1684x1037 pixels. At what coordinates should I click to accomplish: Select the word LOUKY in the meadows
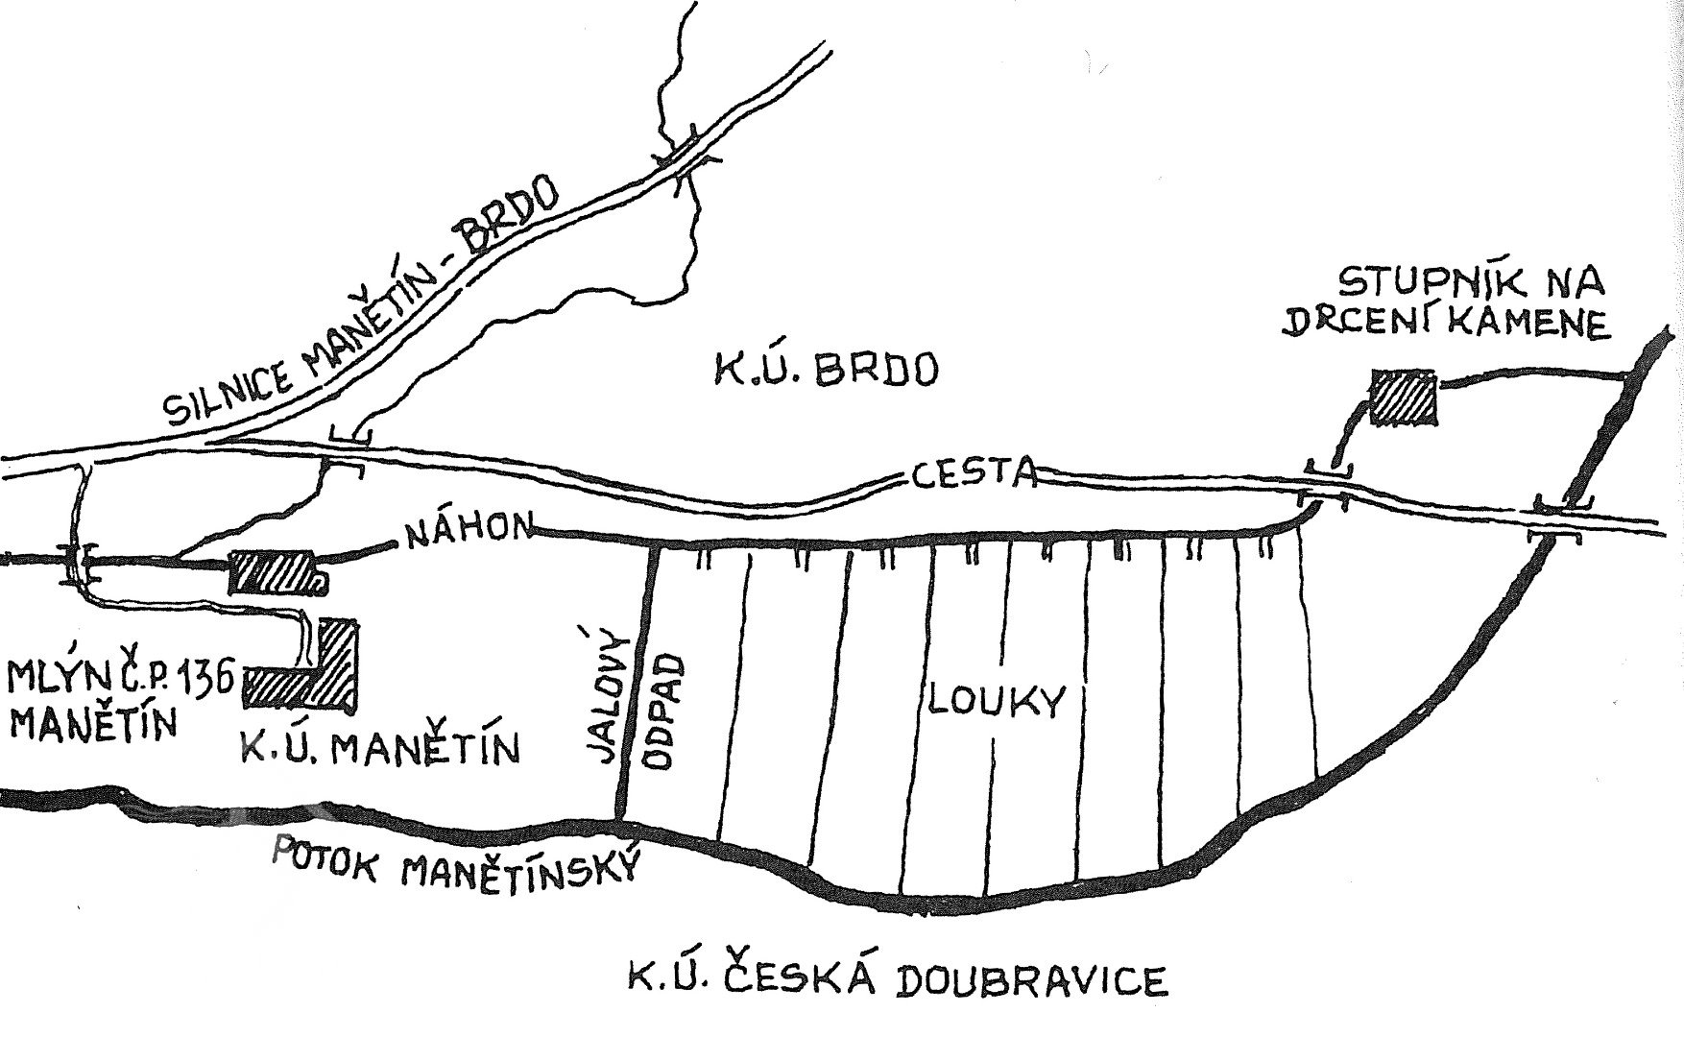(x=997, y=701)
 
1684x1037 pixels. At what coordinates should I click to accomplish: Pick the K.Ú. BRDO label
(x=824, y=368)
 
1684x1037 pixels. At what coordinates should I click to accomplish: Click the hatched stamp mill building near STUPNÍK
(x=1405, y=398)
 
